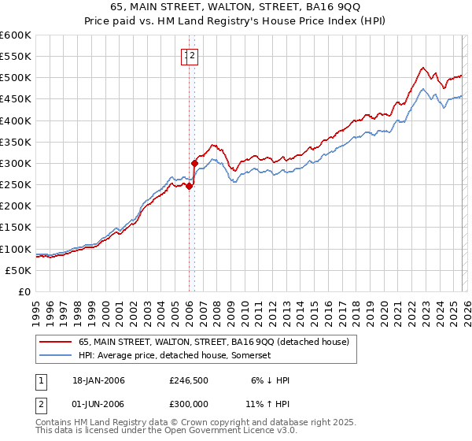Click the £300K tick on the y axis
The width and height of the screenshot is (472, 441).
(x=14, y=163)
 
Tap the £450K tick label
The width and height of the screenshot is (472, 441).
(x=14, y=99)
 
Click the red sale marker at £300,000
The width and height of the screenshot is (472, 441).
(x=194, y=164)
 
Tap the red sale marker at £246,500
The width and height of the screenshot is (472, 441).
(x=190, y=187)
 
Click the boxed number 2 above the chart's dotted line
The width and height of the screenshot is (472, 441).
(x=194, y=55)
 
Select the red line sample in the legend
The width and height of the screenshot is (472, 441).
(x=56, y=342)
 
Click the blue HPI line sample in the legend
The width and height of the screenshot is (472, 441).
(x=56, y=356)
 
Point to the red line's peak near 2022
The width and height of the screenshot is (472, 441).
(x=423, y=68)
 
